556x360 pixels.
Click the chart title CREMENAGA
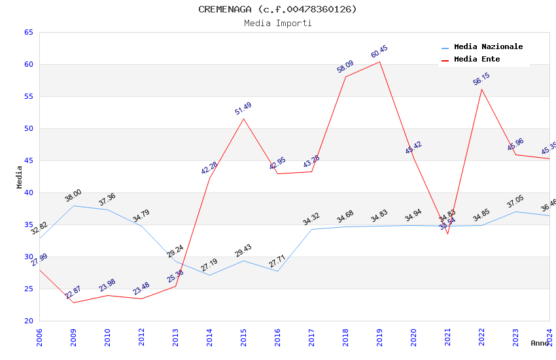277,9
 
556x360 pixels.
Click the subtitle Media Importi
277,23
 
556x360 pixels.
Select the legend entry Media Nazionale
488,46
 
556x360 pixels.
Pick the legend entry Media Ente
477,59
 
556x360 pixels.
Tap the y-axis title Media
19,177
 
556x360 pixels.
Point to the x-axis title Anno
540,343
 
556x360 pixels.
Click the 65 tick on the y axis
28,32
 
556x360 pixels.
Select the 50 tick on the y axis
28,128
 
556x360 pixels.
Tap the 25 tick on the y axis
28,289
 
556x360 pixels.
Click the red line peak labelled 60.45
379,62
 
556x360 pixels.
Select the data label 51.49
243,109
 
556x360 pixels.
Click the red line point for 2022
481,89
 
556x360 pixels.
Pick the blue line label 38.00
73,195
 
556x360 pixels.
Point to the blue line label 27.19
209,264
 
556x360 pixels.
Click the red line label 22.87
73,293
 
